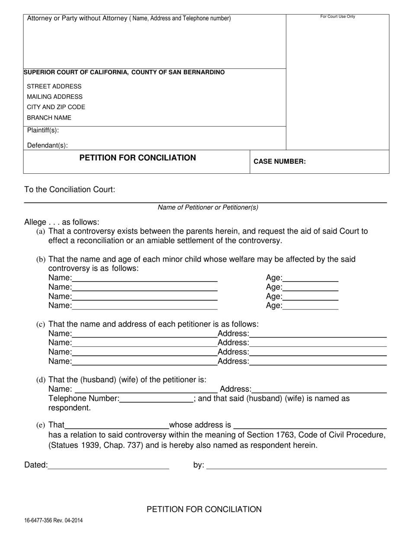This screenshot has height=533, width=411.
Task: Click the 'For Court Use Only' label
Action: click(x=337, y=16)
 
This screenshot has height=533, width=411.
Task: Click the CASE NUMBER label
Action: click(x=279, y=162)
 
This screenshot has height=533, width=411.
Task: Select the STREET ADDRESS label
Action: click(x=54, y=86)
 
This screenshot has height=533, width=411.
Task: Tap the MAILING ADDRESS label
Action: click(x=55, y=97)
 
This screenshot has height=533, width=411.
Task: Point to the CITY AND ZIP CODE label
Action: click(x=56, y=107)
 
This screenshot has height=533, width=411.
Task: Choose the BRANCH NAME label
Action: click(x=49, y=118)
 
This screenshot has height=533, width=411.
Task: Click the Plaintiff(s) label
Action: click(x=43, y=130)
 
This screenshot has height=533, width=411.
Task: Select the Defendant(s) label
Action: click(x=47, y=146)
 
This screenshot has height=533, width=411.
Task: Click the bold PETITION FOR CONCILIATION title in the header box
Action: click(x=138, y=158)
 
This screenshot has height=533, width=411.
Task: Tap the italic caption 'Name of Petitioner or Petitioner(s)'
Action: click(x=208, y=207)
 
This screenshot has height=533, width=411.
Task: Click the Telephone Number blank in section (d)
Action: click(x=156, y=399)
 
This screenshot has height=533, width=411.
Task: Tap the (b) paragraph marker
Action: click(x=41, y=260)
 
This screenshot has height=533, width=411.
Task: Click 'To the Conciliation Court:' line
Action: click(x=70, y=190)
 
